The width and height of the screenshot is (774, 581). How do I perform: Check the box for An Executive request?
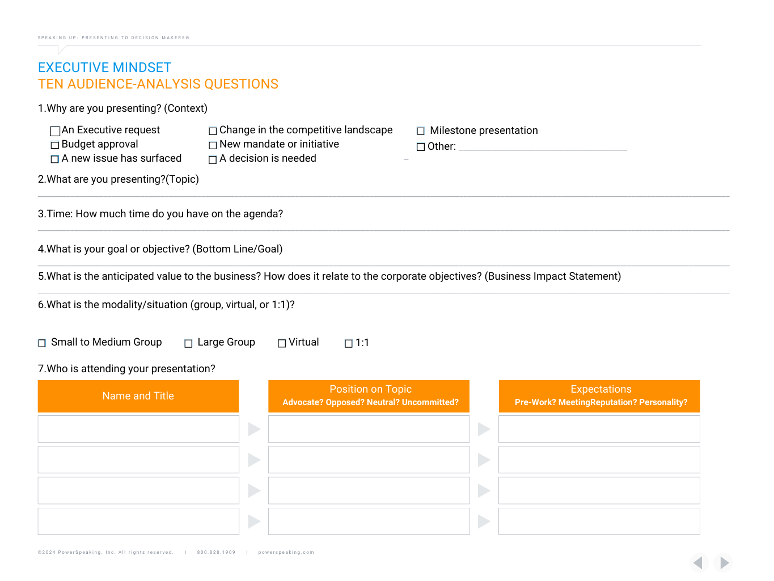[55, 131]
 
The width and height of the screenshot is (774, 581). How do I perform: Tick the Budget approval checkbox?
[55, 145]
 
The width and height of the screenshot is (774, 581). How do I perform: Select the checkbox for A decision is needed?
[213, 160]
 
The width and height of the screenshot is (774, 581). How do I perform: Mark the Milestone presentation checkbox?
[421, 131]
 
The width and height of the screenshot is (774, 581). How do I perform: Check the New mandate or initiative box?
[213, 145]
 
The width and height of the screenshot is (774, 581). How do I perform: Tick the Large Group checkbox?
[188, 343]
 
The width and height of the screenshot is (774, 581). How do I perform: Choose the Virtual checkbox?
[282, 343]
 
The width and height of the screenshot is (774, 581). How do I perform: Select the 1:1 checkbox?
[349, 343]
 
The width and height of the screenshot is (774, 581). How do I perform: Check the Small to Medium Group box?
[42, 343]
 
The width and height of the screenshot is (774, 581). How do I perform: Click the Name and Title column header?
[138, 396]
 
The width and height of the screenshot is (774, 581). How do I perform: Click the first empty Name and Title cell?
[138, 429]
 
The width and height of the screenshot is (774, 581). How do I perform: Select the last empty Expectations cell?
[599, 521]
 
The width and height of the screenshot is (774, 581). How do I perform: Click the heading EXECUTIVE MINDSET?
[104, 68]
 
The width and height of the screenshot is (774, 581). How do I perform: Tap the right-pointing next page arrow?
[724, 562]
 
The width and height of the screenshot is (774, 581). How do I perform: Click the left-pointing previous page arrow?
[699, 562]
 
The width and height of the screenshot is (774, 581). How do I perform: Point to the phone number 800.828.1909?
[216, 552]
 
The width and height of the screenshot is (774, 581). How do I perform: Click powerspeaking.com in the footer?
[286, 552]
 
